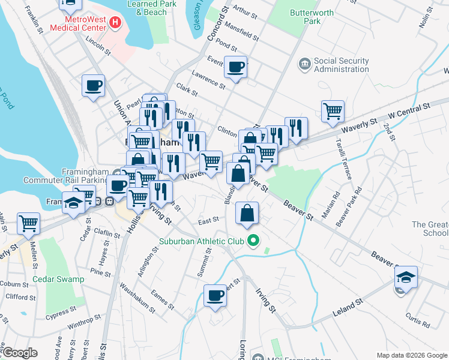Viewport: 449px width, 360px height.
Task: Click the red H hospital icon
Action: [x=115, y=23]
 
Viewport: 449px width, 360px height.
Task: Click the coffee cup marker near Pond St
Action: [x=236, y=68]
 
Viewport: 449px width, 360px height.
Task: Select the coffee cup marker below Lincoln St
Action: [x=93, y=86]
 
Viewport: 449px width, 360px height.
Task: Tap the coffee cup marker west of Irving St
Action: [x=215, y=296]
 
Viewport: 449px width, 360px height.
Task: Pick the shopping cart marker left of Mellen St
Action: [x=28, y=224]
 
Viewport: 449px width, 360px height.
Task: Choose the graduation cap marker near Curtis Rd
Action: [x=406, y=278]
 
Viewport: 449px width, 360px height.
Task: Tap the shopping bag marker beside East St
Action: [x=247, y=214]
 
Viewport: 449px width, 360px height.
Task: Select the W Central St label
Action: [x=410, y=109]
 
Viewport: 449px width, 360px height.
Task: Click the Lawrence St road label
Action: [x=208, y=81]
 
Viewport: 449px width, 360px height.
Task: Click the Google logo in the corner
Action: [x=20, y=353]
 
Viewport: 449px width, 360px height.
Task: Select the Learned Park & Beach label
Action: [x=147, y=8]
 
